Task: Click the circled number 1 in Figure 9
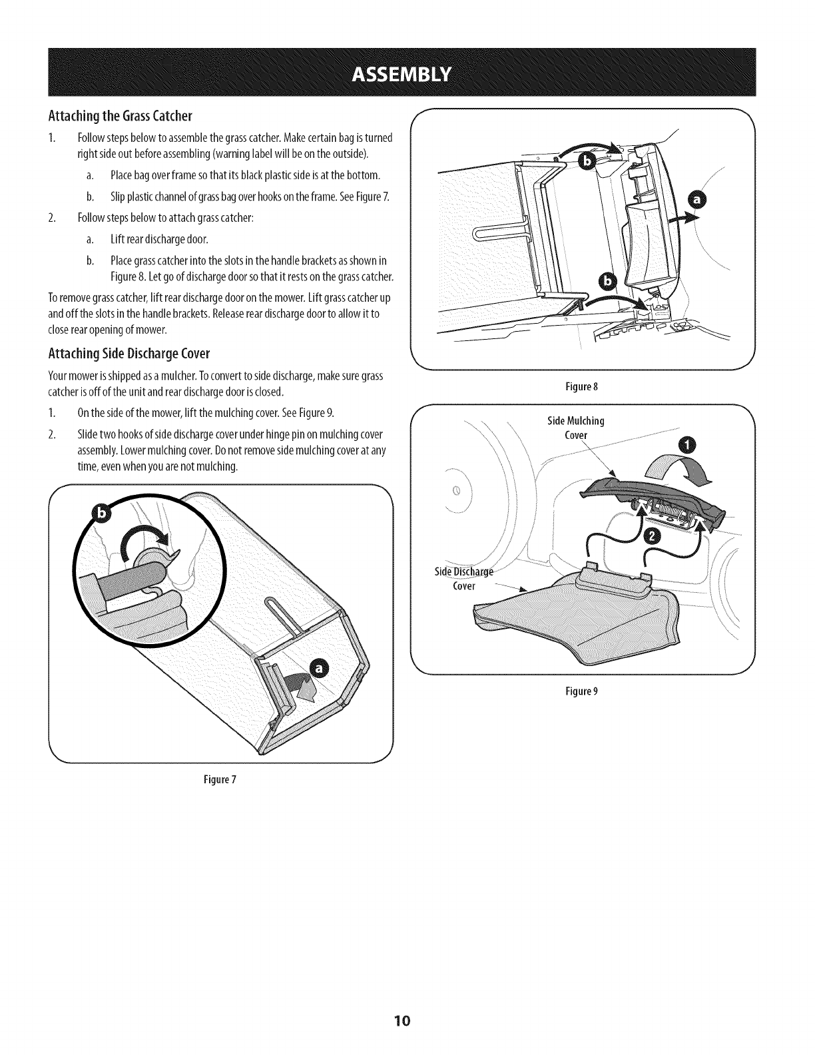(x=685, y=447)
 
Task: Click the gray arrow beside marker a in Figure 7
(x=298, y=685)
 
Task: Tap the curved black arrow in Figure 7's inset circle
(x=140, y=537)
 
